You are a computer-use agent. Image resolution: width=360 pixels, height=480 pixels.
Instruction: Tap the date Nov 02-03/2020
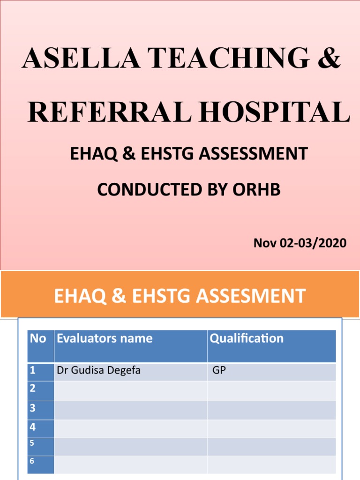[x=300, y=243]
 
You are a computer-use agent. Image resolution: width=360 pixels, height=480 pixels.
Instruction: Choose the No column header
[x=37, y=338]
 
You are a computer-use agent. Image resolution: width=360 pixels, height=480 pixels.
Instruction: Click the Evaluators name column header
[x=104, y=338]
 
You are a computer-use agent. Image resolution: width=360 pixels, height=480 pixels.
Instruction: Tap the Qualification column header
[x=247, y=338]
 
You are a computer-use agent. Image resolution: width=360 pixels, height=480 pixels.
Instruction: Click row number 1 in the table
[x=33, y=371]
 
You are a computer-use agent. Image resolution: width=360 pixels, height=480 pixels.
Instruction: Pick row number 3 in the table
[x=33, y=408]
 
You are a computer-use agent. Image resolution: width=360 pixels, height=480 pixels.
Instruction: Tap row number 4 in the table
[x=33, y=427]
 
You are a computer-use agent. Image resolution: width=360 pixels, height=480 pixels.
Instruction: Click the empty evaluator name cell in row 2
[x=130, y=390]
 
